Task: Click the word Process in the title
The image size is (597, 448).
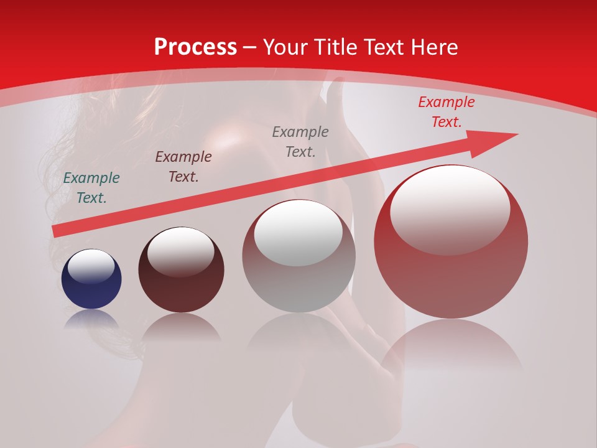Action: [195, 47]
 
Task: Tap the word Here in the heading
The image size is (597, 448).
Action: [434, 47]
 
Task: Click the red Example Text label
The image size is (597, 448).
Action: [446, 112]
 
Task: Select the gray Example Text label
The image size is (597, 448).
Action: [300, 142]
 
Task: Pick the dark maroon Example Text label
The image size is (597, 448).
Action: [183, 167]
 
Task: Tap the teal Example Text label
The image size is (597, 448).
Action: [91, 188]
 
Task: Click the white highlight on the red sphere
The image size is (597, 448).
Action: [450, 210]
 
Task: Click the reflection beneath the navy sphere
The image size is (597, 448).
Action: [91, 320]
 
